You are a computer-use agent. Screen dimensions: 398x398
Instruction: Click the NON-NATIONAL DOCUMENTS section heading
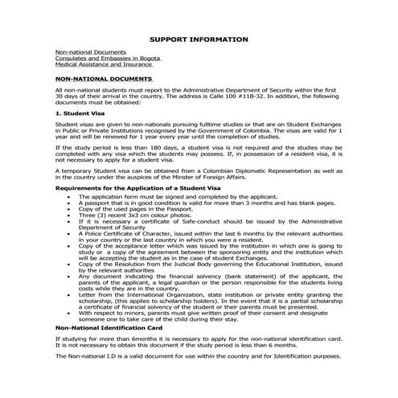point(104,80)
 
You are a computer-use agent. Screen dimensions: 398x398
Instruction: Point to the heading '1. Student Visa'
point(80,115)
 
